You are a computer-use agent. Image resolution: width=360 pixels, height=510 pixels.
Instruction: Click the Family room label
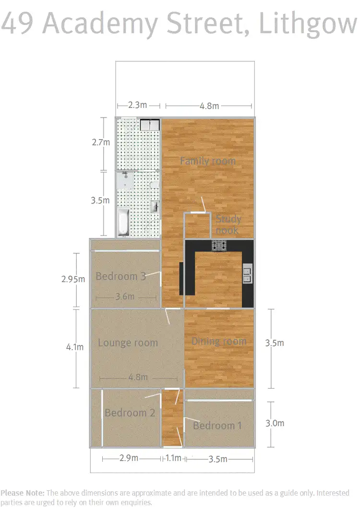click(x=207, y=161)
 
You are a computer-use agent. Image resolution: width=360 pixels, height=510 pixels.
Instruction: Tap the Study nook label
click(x=228, y=225)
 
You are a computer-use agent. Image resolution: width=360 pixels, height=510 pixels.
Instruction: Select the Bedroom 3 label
click(x=120, y=276)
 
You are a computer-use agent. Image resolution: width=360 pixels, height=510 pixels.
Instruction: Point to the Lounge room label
click(x=128, y=343)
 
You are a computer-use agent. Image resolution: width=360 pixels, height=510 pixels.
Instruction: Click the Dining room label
click(x=219, y=342)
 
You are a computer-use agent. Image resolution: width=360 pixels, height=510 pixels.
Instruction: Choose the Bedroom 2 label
click(x=130, y=413)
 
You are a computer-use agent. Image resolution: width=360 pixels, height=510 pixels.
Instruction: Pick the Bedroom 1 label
click(x=217, y=426)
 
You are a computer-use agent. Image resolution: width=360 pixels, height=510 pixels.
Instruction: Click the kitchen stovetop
click(x=219, y=246)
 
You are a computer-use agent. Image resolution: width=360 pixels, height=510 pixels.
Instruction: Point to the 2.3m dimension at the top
click(x=137, y=105)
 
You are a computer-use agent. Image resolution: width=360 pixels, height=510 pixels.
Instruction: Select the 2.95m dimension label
click(x=73, y=279)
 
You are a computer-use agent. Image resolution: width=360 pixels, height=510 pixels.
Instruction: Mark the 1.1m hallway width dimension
click(x=173, y=458)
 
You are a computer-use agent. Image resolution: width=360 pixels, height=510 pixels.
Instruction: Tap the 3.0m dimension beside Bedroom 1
click(x=275, y=423)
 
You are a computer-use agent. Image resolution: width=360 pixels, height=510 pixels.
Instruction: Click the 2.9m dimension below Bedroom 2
click(x=129, y=458)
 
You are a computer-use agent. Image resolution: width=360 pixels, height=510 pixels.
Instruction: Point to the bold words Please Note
click(x=23, y=493)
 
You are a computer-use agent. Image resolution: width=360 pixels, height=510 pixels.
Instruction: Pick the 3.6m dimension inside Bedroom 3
click(x=125, y=297)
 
